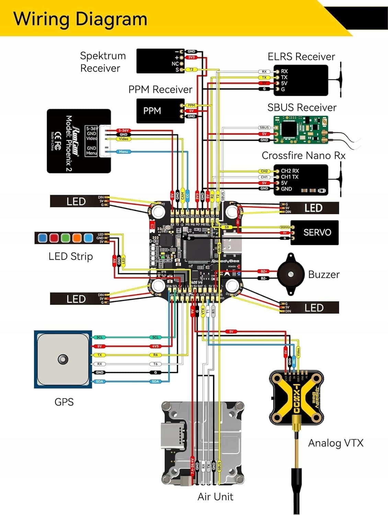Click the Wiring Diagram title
[x=80, y=19]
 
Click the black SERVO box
[x=315, y=232]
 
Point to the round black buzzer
[x=291, y=274]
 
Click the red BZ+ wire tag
[x=263, y=271]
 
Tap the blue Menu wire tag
[x=123, y=151]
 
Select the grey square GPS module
[x=63, y=359]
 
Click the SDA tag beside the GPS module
[x=99, y=381]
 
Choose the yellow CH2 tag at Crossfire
[x=264, y=171]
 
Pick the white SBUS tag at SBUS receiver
[x=264, y=128]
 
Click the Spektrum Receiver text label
[x=102, y=62]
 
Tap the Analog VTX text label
[x=335, y=443]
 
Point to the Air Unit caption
[x=215, y=496]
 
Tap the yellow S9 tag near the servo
[x=226, y=227]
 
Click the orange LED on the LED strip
[x=77, y=238]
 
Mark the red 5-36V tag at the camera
[x=123, y=130]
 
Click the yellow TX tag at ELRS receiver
[x=264, y=78]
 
